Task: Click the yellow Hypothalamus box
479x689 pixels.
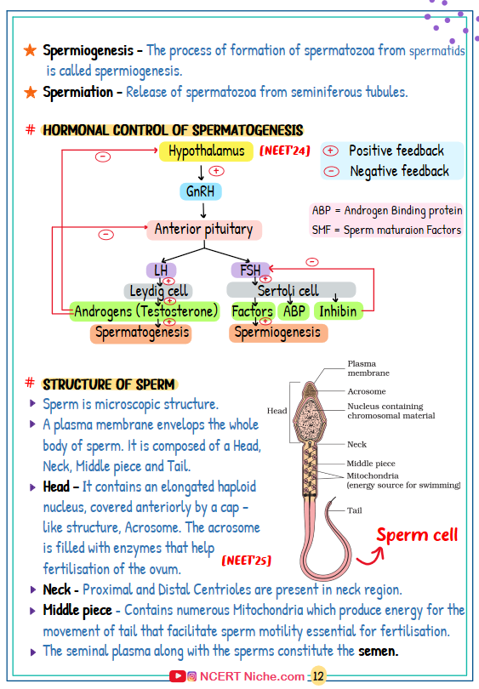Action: (207, 151)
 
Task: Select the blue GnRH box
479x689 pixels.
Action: (201, 191)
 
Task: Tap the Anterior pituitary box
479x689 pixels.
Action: (203, 230)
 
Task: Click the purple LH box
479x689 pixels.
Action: (161, 270)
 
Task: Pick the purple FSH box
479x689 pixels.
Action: (250, 270)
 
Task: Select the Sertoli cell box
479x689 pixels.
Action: (288, 291)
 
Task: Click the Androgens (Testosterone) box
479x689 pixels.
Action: (145, 311)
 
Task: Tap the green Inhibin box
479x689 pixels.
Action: (338, 311)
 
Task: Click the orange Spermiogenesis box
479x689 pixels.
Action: (277, 332)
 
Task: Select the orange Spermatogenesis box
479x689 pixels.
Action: (141, 332)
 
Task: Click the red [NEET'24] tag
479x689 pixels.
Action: (284, 151)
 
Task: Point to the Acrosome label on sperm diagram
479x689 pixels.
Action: (366, 391)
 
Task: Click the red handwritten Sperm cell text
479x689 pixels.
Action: (417, 535)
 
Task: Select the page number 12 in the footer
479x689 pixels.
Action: (319, 676)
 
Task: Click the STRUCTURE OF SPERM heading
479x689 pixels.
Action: (109, 384)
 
